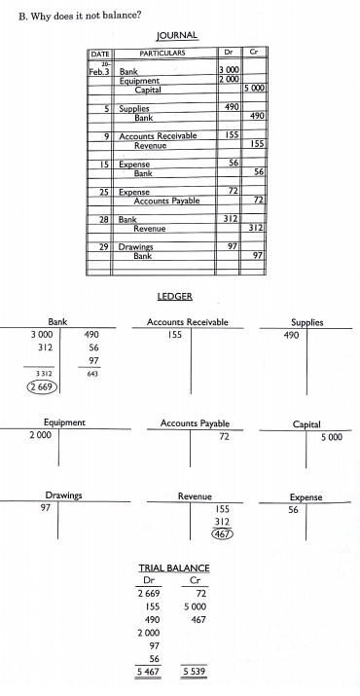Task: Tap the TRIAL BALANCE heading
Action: [176, 568]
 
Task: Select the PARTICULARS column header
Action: [164, 52]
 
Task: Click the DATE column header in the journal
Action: [100, 52]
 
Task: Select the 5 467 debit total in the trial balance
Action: [147, 671]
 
